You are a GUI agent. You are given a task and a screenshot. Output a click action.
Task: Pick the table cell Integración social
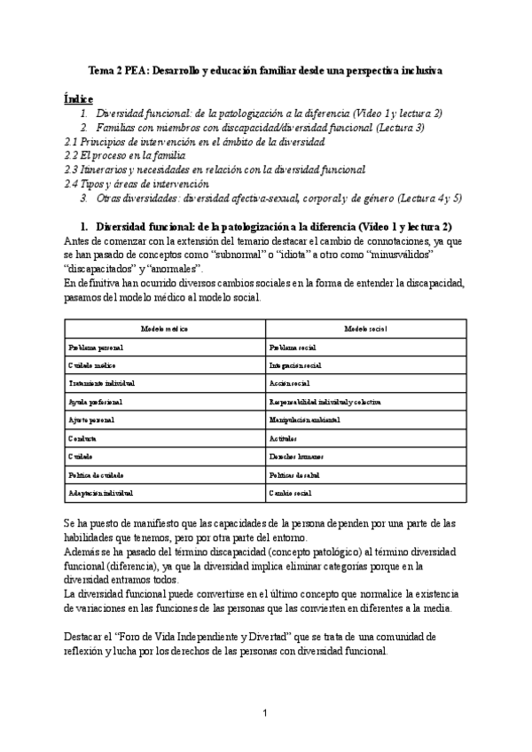coord(295,365)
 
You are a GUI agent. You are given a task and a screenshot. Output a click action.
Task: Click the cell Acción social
coord(287,383)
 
